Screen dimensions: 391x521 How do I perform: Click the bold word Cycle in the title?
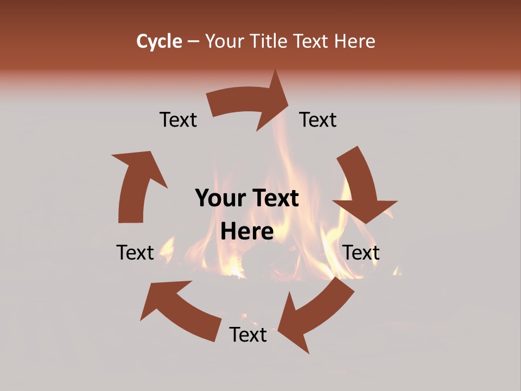click(159, 41)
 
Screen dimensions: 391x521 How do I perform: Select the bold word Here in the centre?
click(247, 232)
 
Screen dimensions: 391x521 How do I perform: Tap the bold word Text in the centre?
click(275, 199)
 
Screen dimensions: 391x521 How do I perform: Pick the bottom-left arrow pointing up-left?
click(182, 310)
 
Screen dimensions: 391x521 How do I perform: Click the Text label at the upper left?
click(178, 120)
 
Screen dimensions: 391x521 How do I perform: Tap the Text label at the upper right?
click(318, 120)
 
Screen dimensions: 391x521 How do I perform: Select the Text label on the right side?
click(361, 253)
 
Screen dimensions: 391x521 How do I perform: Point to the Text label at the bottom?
click(248, 335)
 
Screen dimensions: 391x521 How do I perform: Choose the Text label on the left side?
click(135, 253)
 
